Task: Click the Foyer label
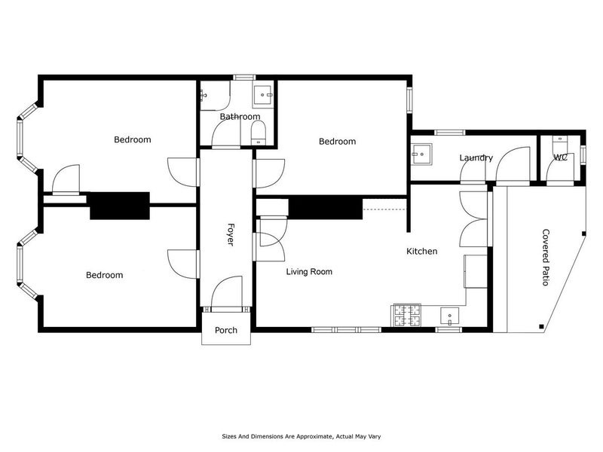(230, 234)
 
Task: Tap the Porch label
(226, 330)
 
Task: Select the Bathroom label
(240, 117)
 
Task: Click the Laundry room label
(476, 158)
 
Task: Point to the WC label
(560, 157)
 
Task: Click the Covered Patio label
(546, 258)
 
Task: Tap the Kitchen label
(422, 252)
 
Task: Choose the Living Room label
(309, 272)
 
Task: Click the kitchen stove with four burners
(406, 316)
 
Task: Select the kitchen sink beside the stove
(449, 316)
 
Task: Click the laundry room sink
(421, 154)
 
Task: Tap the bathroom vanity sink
(263, 95)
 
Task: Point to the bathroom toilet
(258, 133)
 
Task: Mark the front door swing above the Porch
(227, 292)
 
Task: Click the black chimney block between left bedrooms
(120, 206)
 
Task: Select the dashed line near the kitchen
(384, 209)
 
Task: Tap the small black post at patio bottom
(541, 327)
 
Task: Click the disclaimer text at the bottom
(301, 437)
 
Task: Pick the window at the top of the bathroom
(244, 78)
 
